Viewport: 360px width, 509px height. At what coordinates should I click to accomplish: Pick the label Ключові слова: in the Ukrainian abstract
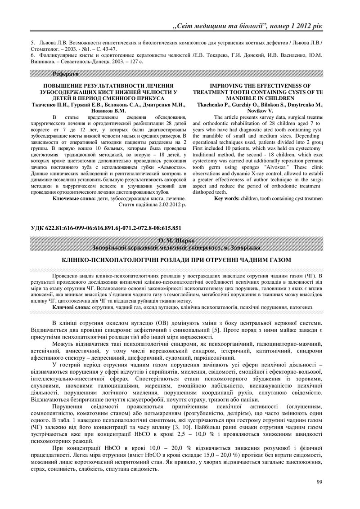(x=71, y=307)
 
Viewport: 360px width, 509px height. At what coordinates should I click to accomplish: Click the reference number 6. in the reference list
(x=33, y=54)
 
